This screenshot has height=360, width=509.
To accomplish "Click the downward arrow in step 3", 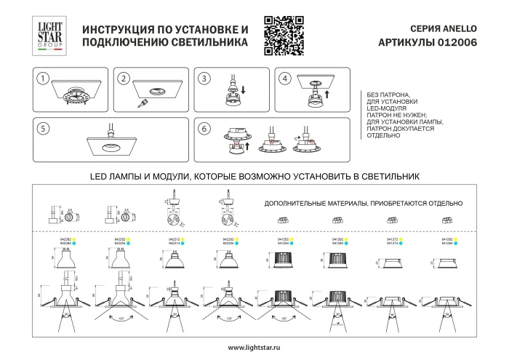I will (243, 90).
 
